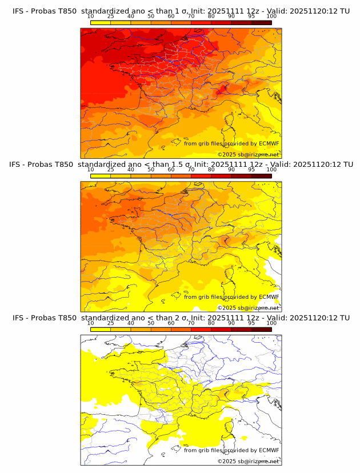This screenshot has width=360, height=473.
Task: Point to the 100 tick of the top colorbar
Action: click(271, 17)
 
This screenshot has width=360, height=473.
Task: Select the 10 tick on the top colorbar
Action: click(90, 17)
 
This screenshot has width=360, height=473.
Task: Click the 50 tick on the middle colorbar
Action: click(151, 170)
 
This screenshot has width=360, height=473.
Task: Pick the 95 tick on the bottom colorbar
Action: click(251, 323)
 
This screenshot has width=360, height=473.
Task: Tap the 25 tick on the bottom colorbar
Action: click(111, 323)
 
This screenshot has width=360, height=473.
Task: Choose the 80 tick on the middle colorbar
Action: click(211, 170)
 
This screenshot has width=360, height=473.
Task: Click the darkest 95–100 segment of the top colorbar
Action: click(261, 23)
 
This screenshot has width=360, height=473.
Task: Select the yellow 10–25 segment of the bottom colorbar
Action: click(101, 329)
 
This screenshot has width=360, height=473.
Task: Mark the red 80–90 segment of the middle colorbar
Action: click(221, 176)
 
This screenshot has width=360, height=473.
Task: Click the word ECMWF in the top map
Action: click(269, 144)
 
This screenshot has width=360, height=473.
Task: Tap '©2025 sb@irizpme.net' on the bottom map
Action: click(248, 461)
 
